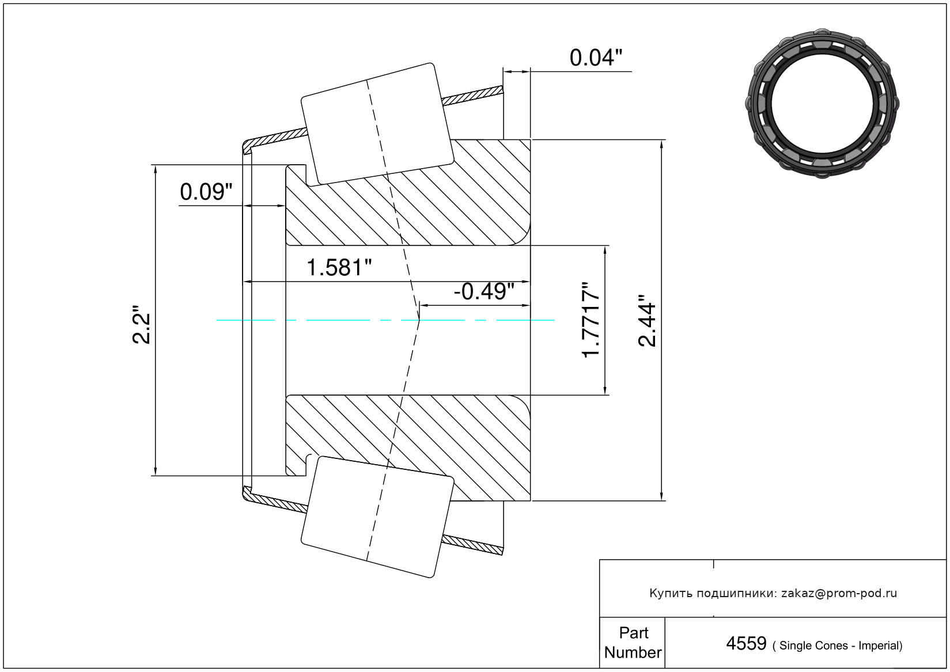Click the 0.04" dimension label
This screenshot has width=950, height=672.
click(x=596, y=58)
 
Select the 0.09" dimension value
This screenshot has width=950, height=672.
click(x=206, y=192)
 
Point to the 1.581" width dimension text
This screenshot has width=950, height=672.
click(x=339, y=268)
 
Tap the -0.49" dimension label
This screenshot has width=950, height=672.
click(x=484, y=291)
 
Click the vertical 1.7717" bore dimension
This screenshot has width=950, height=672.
click(x=591, y=320)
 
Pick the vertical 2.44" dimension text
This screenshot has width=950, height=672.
click(x=647, y=321)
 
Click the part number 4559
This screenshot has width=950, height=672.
click(x=747, y=644)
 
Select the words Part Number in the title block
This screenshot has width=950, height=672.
click(x=633, y=642)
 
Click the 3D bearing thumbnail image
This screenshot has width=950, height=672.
click(x=822, y=104)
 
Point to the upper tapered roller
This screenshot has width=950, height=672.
click(x=377, y=124)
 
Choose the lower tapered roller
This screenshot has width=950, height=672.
click(x=377, y=517)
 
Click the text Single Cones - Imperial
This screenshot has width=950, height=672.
click(x=837, y=646)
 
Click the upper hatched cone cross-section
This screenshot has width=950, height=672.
click(x=408, y=193)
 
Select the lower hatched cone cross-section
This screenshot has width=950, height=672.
click(x=408, y=448)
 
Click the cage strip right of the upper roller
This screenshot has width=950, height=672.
click(x=472, y=96)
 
